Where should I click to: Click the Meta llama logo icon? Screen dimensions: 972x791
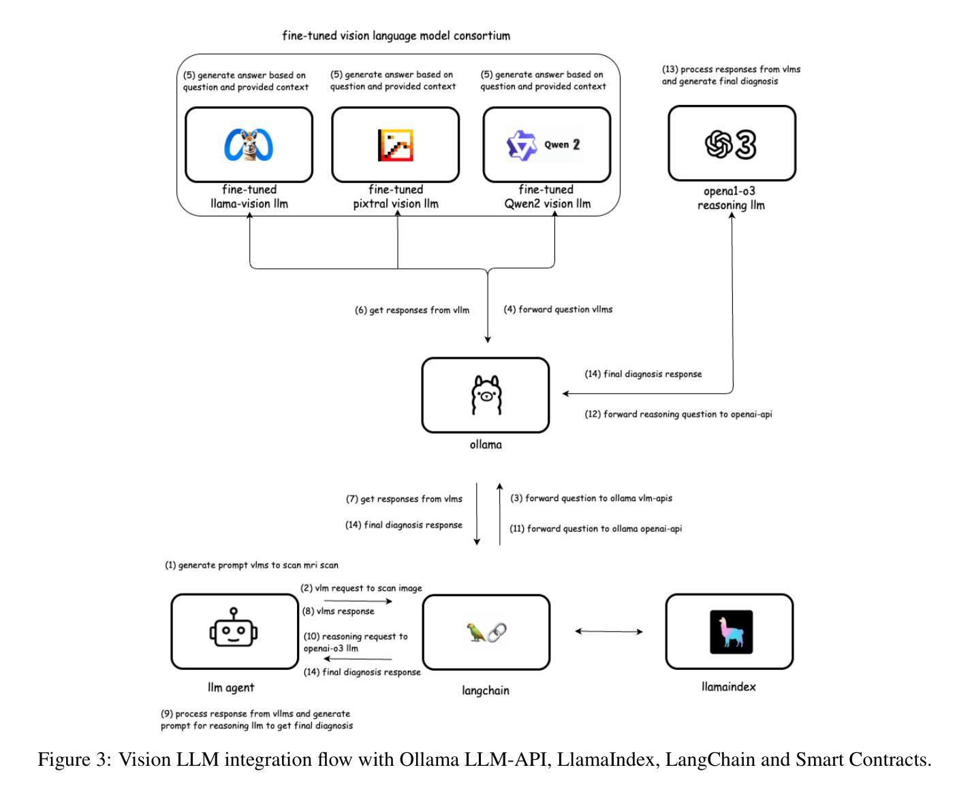pyautogui.click(x=248, y=145)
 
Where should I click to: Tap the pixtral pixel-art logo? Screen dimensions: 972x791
pyautogui.click(x=395, y=145)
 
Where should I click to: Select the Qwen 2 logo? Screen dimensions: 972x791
pyautogui.click(x=544, y=145)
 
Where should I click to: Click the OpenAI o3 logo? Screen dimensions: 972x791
pyautogui.click(x=731, y=145)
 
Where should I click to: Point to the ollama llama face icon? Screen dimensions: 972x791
pyautogui.click(x=486, y=395)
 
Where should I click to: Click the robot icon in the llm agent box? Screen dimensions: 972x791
pyautogui.click(x=233, y=627)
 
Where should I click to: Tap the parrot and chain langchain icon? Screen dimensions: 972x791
pyautogui.click(x=486, y=632)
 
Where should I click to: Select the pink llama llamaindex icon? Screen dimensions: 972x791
pyautogui.click(x=731, y=632)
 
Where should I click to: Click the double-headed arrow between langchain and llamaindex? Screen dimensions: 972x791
pyautogui.click(x=609, y=632)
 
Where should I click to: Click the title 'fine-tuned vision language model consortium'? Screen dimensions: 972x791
pyautogui.click(x=396, y=36)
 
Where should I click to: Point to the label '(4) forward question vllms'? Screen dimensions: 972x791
pyautogui.click(x=558, y=310)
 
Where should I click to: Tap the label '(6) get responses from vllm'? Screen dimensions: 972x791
pyautogui.click(x=411, y=310)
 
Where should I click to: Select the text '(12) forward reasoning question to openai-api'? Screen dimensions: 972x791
pyautogui.click(x=678, y=415)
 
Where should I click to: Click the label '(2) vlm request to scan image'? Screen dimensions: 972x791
pyautogui.click(x=361, y=588)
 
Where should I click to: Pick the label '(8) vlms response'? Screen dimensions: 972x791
pyautogui.click(x=338, y=611)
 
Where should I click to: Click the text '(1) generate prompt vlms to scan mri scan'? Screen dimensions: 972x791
pyautogui.click(x=251, y=565)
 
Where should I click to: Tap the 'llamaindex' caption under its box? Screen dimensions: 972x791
pyautogui.click(x=728, y=687)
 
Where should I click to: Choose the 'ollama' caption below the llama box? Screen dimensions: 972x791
pyautogui.click(x=486, y=445)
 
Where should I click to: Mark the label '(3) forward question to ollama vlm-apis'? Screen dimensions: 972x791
pyautogui.click(x=591, y=498)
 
